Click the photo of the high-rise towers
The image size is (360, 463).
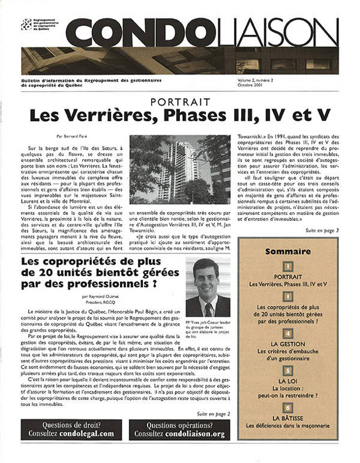click(x=180, y=169)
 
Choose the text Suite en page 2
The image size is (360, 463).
click(x=212, y=414)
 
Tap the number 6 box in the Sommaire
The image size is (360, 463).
click(x=288, y=407)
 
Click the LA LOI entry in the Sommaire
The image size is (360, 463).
click(x=288, y=381)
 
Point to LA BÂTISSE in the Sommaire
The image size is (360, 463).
click(x=288, y=417)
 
